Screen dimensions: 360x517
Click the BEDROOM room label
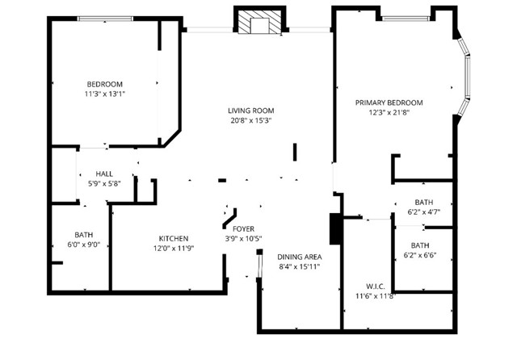tap(104, 84)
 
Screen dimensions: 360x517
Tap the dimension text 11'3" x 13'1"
tap(104, 94)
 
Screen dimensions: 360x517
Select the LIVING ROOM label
tap(249, 111)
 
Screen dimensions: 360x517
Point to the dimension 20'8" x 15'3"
tap(249, 120)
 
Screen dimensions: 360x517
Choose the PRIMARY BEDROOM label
tap(389, 103)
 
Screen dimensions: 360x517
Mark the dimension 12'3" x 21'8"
tap(389, 112)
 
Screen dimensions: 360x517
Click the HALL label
tap(104, 174)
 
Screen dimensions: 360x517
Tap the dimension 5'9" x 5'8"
tap(104, 183)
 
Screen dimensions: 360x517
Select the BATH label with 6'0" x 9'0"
tap(84, 235)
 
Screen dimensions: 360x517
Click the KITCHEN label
tap(174, 238)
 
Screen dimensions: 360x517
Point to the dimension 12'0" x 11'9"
tap(174, 248)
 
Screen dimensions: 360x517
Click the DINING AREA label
tap(300, 257)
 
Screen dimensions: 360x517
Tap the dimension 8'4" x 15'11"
tap(300, 266)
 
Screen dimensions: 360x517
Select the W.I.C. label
tap(375, 286)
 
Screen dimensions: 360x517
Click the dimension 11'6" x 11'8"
tap(375, 296)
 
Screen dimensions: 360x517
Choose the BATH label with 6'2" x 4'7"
tap(423, 203)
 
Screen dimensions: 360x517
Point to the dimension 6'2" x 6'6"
tap(420, 255)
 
